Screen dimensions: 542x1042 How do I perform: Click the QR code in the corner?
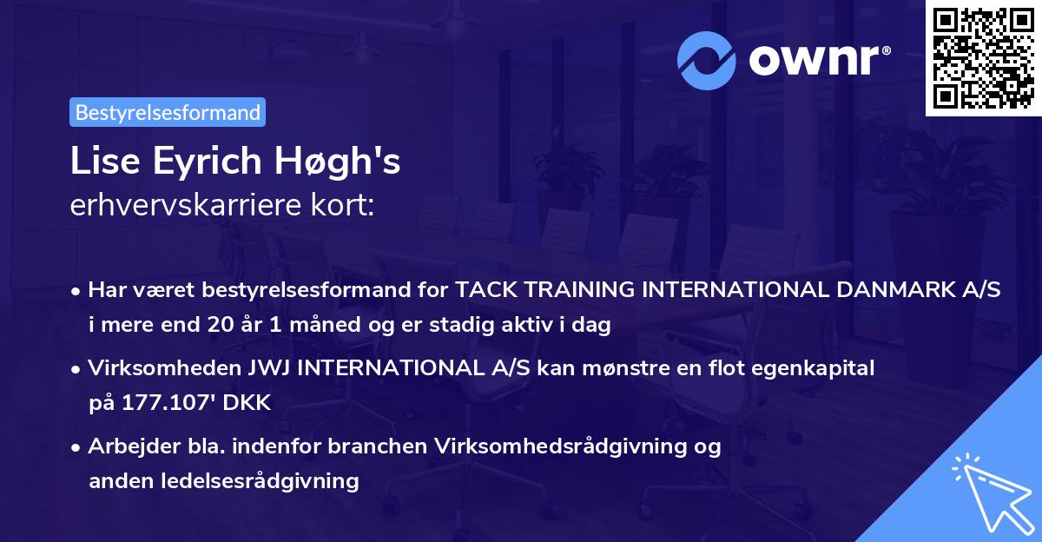(x=983, y=58)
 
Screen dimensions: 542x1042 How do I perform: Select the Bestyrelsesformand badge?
(x=168, y=112)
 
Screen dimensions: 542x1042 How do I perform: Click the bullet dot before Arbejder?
(x=77, y=447)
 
